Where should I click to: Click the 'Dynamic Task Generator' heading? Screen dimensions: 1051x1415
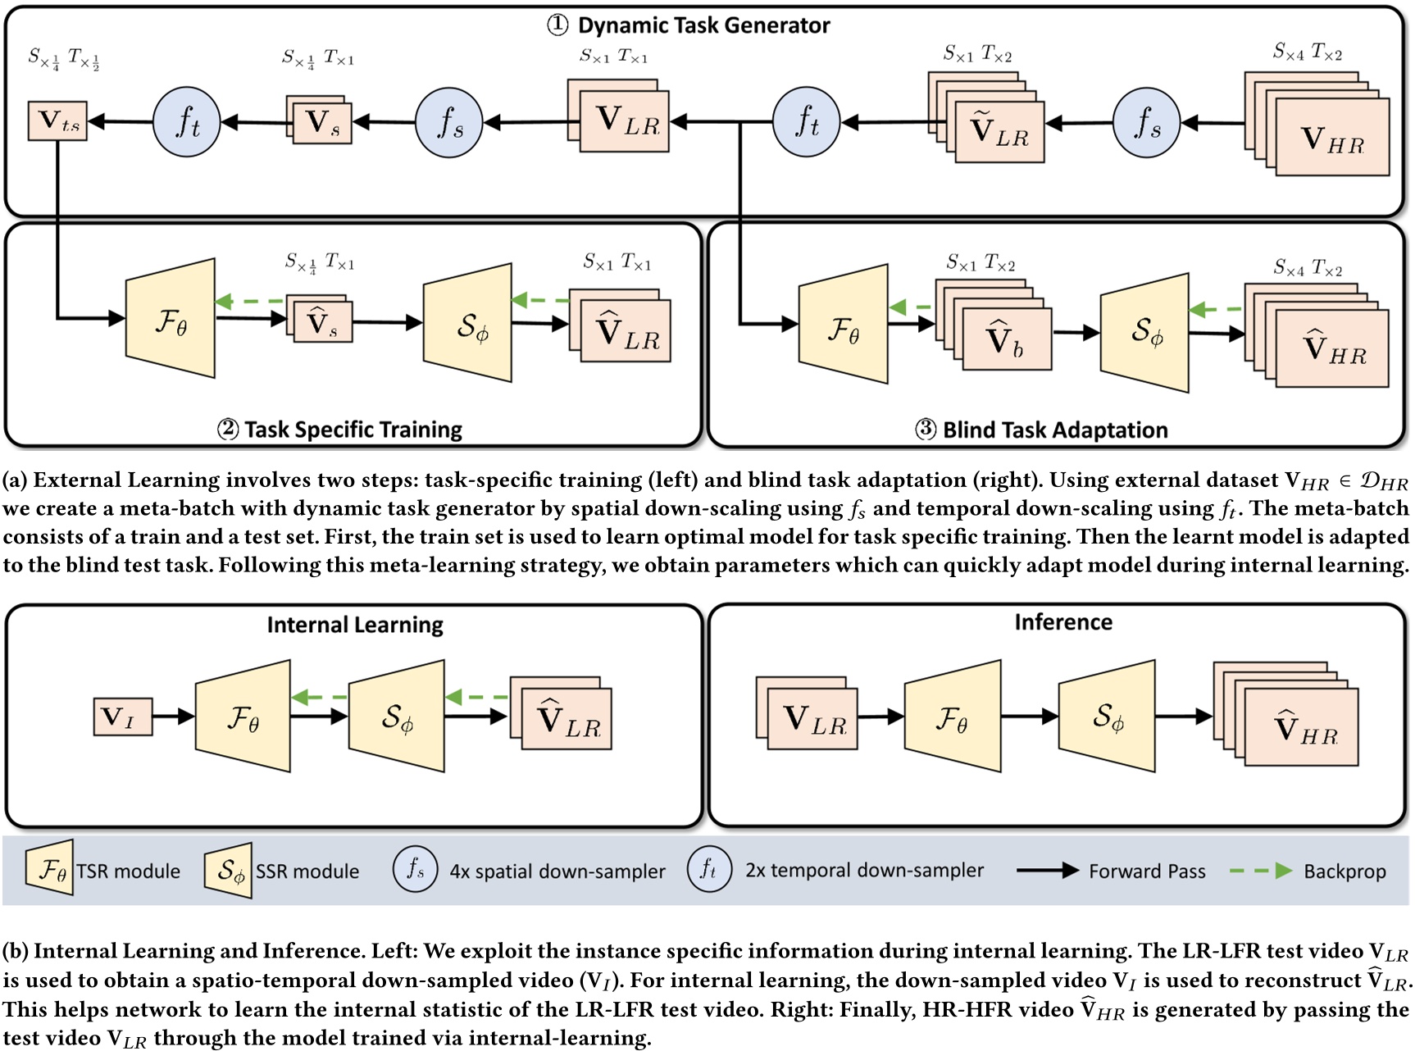(703, 25)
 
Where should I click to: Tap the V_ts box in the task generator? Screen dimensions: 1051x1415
(57, 121)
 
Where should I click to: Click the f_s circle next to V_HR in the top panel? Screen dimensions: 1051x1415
(1146, 123)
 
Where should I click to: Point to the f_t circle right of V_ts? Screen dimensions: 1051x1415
(187, 122)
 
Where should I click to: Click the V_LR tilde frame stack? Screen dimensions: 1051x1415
(988, 119)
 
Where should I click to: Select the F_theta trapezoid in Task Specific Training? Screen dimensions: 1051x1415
(171, 320)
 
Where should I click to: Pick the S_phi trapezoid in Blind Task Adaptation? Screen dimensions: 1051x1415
(1144, 332)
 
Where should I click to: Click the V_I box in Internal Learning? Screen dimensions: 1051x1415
(123, 717)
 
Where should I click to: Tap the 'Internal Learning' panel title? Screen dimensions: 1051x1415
(355, 625)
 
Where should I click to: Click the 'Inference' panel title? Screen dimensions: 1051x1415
(1063, 622)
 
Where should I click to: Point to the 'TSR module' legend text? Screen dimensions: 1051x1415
(129, 871)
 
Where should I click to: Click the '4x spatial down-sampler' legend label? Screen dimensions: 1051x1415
(557, 871)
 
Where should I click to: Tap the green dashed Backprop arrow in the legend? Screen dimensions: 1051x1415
(1261, 871)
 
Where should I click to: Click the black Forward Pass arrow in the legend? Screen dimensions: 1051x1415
(1047, 871)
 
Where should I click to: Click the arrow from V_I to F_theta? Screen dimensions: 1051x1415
(173, 717)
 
